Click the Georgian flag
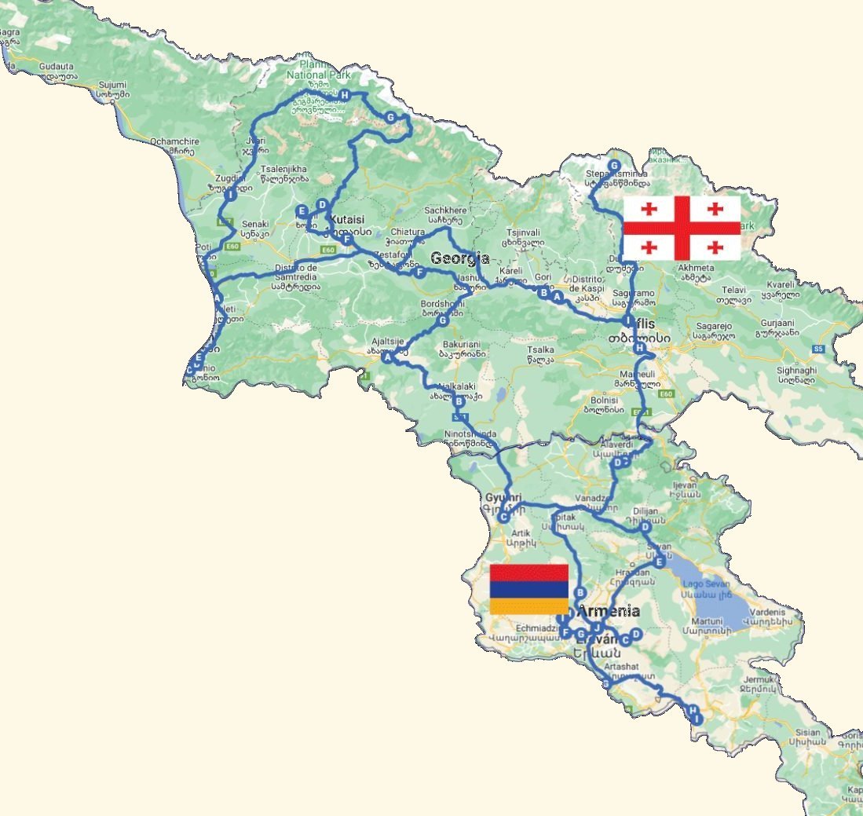coord(682,228)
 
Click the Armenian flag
coord(528,589)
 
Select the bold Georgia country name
coord(459,258)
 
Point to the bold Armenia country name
coord(609,611)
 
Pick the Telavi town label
coord(733,290)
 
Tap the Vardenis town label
coord(768,613)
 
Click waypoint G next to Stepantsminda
coord(614,165)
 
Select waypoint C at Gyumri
coord(504,518)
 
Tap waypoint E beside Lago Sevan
coord(660,562)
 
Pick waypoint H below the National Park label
coord(344,95)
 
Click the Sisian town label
coord(807,732)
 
